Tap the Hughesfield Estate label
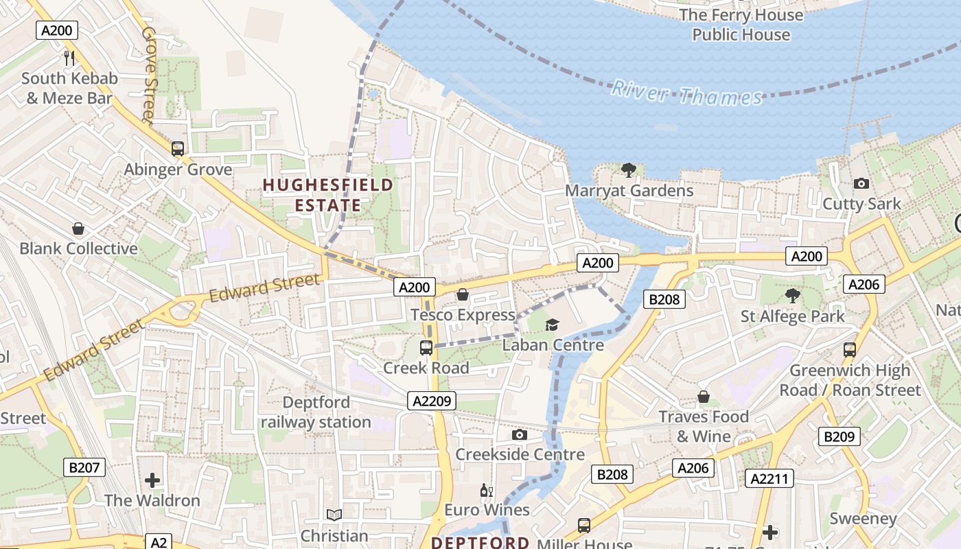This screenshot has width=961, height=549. pos(328,195)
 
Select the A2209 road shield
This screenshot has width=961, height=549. pos(432,401)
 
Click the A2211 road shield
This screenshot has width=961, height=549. pos(769,478)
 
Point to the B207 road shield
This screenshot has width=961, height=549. pos(86,468)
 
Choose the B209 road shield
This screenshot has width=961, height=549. pos(838,436)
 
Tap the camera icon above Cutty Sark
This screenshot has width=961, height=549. pos(861,183)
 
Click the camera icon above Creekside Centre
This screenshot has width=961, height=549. pos(520,434)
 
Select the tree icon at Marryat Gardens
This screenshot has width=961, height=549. pos(628,170)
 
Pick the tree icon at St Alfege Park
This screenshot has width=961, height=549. pos(793,296)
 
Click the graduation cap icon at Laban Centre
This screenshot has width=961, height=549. pos(553,325)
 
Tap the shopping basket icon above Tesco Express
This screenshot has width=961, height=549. pos(463,294)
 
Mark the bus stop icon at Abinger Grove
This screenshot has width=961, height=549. pos(178,148)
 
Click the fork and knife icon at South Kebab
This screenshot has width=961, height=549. pos(69,58)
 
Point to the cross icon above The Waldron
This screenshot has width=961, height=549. pos(152,480)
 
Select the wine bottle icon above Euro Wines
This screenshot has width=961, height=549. pos(486,490)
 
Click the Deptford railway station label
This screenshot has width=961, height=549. pos(316,412)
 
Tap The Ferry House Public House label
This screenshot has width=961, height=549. pos(741,25)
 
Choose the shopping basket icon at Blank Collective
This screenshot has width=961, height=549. pos(78,228)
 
